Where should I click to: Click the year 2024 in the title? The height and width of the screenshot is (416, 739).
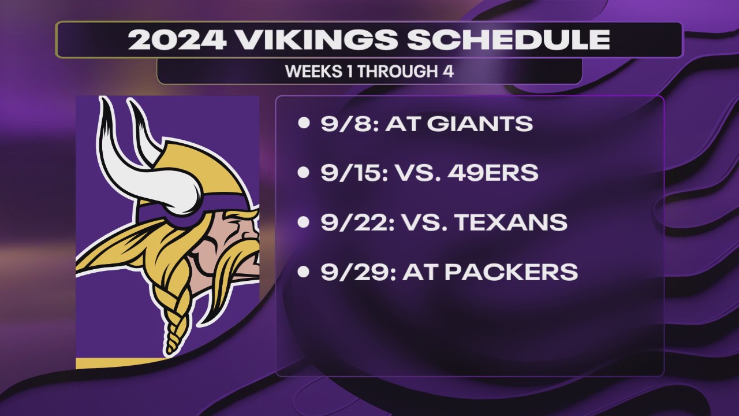[x=177, y=40]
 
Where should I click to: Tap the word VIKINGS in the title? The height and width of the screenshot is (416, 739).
[x=317, y=40]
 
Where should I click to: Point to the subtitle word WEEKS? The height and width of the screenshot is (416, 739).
[x=313, y=71]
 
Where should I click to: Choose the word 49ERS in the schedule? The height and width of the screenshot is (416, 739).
[x=493, y=173]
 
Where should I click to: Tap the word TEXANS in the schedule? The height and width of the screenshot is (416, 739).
[x=512, y=222]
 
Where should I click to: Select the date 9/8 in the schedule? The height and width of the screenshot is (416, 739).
[x=346, y=124]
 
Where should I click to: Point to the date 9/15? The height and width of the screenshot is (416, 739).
[x=352, y=173]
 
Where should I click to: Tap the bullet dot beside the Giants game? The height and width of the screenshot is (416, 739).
[x=304, y=123]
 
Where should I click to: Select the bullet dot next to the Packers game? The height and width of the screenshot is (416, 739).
[x=304, y=272]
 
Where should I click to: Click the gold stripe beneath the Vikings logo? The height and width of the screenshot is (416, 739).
[x=119, y=363]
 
